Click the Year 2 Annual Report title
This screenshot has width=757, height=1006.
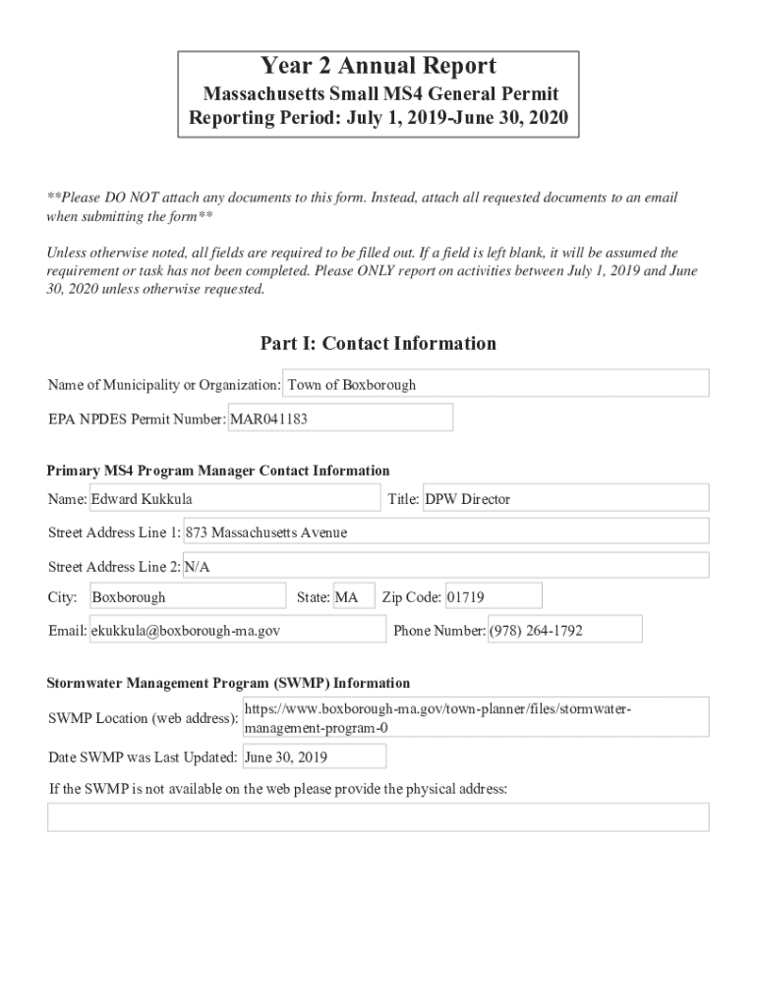[x=378, y=67]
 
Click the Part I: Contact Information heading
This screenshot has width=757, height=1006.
[x=378, y=344]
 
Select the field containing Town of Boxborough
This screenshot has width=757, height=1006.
[x=495, y=384]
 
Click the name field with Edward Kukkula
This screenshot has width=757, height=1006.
[x=234, y=499]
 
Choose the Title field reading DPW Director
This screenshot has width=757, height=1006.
[x=564, y=499]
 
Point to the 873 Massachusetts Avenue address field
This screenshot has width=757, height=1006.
[x=445, y=532]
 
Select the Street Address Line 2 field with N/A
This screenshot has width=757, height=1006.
[x=445, y=567]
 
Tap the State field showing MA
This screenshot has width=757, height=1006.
[x=353, y=597]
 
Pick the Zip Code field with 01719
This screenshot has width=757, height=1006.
[x=493, y=597]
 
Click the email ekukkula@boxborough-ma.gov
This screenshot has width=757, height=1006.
[x=237, y=631]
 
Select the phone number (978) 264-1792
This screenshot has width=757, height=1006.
[x=564, y=631]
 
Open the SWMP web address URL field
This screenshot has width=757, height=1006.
[x=475, y=718]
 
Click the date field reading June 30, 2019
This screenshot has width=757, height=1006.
[x=314, y=757]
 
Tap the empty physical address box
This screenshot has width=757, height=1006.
[x=378, y=817]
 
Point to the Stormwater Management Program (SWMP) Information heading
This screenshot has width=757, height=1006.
[x=229, y=683]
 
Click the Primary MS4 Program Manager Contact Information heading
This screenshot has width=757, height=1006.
[x=219, y=471]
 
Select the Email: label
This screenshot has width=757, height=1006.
[x=67, y=631]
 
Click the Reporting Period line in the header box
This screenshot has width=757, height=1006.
[x=378, y=121]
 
